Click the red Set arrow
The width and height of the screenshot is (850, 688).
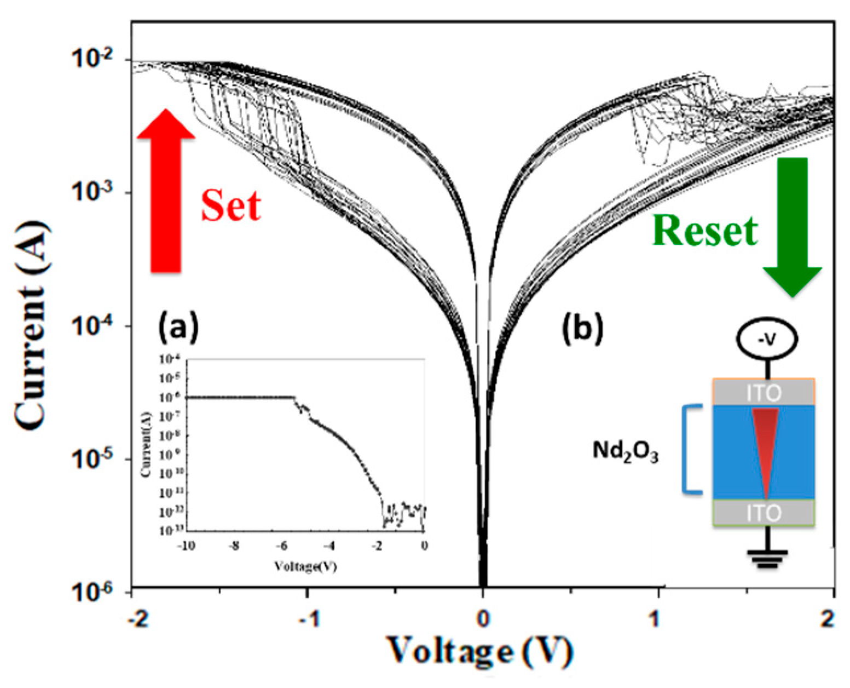(165, 192)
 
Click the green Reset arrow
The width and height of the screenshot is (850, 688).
(792, 225)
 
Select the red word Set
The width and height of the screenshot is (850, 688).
(230, 206)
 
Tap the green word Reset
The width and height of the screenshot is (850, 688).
(705, 231)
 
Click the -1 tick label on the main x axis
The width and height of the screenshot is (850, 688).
(309, 620)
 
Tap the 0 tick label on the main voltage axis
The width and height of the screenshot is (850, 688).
(482, 620)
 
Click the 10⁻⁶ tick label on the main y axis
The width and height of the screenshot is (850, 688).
(99, 592)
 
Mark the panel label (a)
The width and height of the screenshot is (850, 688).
(178, 328)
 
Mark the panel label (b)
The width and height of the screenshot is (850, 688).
(582, 328)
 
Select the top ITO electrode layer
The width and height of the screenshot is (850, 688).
(764, 392)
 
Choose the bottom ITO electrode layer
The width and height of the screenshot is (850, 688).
(764, 513)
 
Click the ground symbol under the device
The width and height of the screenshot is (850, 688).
(767, 558)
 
